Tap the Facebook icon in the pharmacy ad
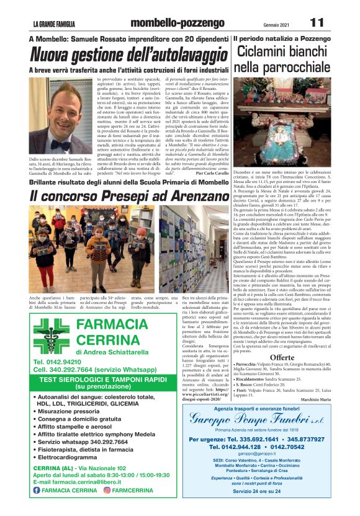[x=37, y=490]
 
